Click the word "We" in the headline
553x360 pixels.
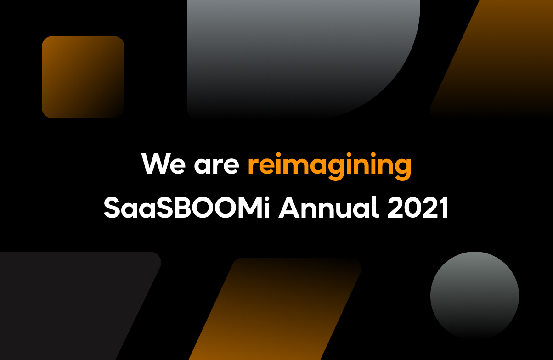click(164, 163)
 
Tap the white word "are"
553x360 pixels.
click(216, 166)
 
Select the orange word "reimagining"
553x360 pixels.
click(330, 166)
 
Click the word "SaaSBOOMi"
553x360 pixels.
click(186, 207)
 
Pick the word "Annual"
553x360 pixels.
click(328, 207)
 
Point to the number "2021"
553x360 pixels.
click(418, 208)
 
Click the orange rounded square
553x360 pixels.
click(83, 77)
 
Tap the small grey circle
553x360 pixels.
click(474, 296)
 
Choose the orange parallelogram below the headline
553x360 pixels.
click(275, 309)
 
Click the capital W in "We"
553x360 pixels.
click(155, 163)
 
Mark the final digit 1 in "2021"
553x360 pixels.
click(443, 208)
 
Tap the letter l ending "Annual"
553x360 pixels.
click(376, 207)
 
